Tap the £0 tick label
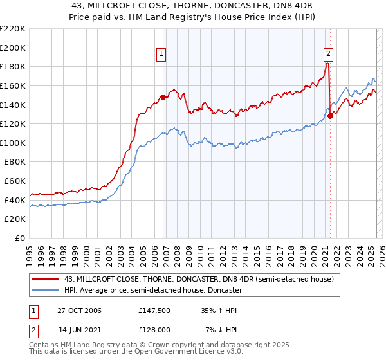[20, 238]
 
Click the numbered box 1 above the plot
[160, 55]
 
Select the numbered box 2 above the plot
[328, 55]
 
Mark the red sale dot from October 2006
[163, 98]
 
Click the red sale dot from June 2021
[330, 116]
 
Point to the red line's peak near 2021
[327, 63]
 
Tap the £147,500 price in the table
[153, 310]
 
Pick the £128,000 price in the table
[153, 330]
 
